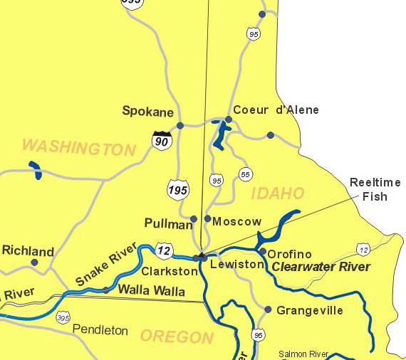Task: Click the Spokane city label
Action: [148, 111]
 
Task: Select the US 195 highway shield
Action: [178, 189]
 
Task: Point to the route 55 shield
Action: [246, 174]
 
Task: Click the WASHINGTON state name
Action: [78, 148]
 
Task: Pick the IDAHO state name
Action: [277, 194]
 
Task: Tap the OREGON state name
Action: [177, 337]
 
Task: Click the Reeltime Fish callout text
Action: [375, 189]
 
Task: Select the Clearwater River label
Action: [321, 267]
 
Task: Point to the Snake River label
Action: [106, 268]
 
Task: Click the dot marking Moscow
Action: [207, 218]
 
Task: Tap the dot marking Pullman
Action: [194, 219]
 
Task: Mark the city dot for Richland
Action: [34, 263]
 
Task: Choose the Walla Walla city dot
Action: [106, 290]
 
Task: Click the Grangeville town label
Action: [310, 310]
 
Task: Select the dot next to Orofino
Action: [262, 251]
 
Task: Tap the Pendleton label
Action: [100, 330]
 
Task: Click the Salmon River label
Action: [303, 354]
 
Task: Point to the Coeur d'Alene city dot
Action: [229, 120]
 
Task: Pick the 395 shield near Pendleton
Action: [63, 317]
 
